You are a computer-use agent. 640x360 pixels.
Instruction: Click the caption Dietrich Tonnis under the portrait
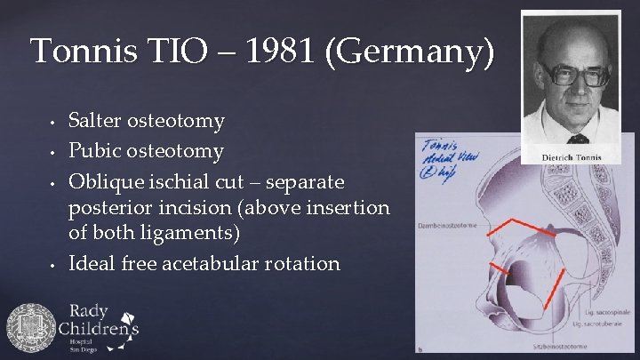(571, 158)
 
